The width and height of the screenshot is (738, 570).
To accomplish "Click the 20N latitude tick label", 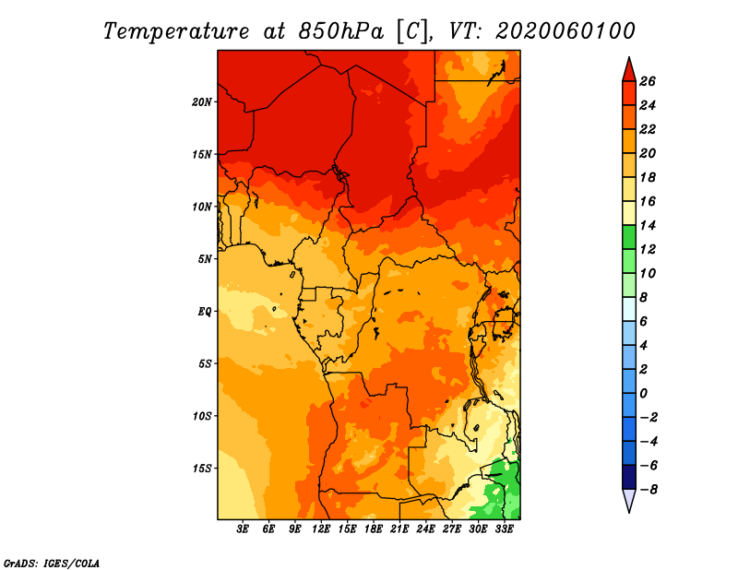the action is (x=201, y=101).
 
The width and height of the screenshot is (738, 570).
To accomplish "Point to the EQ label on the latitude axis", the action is (x=204, y=312).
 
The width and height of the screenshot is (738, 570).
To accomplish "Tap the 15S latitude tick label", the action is (x=202, y=469).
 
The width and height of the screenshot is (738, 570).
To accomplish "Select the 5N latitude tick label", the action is (x=204, y=259).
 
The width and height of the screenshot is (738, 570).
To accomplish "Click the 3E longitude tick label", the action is (x=243, y=529).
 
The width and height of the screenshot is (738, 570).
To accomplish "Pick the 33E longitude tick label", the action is (x=504, y=529).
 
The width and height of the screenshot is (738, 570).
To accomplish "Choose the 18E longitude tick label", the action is (x=374, y=529).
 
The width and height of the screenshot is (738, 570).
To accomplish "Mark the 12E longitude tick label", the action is (x=321, y=529).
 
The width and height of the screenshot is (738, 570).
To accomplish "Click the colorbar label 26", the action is (x=648, y=81).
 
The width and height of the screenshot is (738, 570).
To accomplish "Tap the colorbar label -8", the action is (x=649, y=490).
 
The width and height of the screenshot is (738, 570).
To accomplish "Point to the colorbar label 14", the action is (x=648, y=225).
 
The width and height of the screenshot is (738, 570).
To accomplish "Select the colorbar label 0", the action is (x=643, y=394).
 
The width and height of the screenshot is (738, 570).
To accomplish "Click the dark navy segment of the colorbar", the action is (x=629, y=477).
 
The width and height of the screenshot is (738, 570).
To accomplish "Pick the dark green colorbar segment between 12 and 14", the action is (x=629, y=237).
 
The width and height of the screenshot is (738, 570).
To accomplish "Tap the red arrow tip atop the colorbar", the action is (x=629, y=57).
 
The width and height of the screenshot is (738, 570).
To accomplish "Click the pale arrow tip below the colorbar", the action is (x=629, y=513).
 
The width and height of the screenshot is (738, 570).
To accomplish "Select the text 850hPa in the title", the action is (x=340, y=31).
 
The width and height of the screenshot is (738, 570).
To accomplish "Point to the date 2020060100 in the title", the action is (x=565, y=31).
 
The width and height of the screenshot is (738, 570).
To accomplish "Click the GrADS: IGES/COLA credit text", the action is (x=52, y=563).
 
